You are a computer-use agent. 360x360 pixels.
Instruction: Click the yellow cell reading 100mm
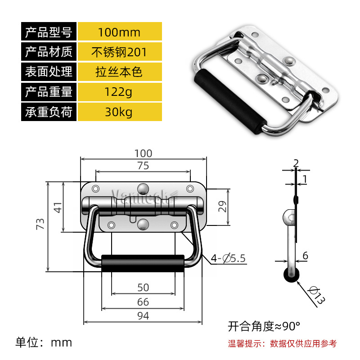[x=119, y=32]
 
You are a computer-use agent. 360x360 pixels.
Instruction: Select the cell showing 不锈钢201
[x=119, y=52]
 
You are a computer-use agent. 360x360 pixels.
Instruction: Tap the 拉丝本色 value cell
[x=119, y=72]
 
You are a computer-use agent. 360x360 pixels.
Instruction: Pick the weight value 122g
[x=119, y=92]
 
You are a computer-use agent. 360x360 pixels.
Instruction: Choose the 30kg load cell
[x=119, y=112]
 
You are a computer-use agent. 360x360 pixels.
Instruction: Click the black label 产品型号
[x=49, y=32]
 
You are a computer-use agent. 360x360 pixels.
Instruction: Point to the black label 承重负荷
[x=49, y=112]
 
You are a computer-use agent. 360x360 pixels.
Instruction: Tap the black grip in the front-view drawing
[x=143, y=263]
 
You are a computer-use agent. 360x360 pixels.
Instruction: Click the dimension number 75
[x=143, y=166]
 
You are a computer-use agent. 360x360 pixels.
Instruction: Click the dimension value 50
[x=143, y=287]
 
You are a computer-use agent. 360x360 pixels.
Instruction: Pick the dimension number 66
[x=143, y=301]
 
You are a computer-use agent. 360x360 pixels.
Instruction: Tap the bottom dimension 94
[x=143, y=315]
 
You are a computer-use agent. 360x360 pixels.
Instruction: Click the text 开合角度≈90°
[x=264, y=325]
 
